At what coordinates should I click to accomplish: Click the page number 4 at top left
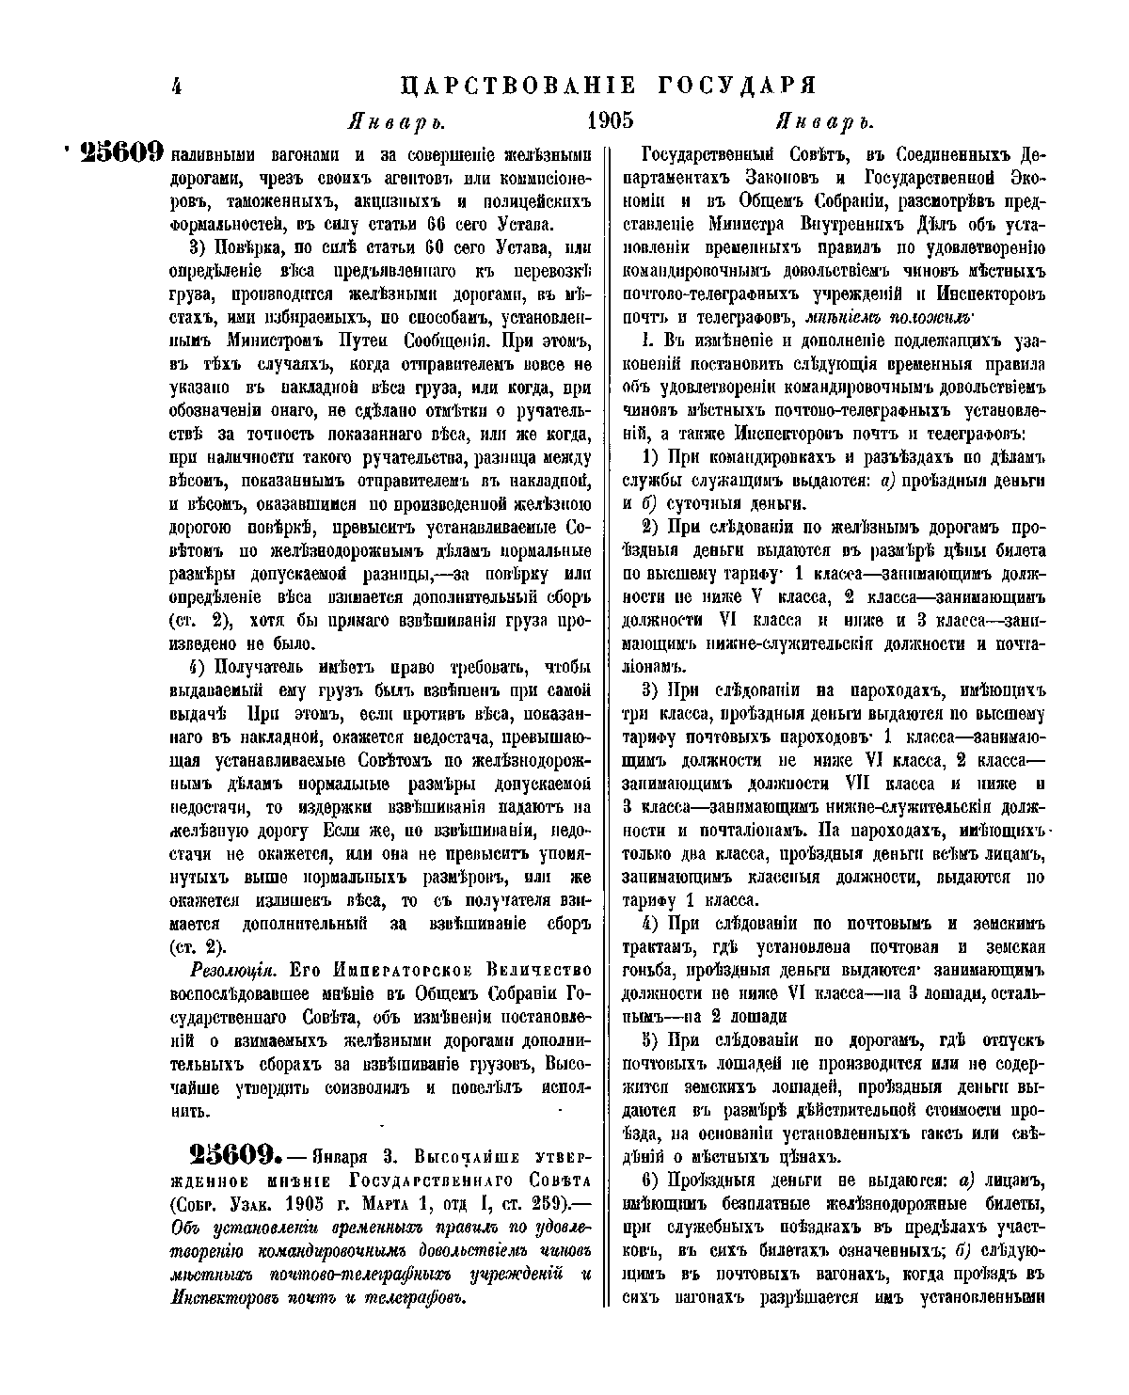pyautogui.click(x=176, y=87)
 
